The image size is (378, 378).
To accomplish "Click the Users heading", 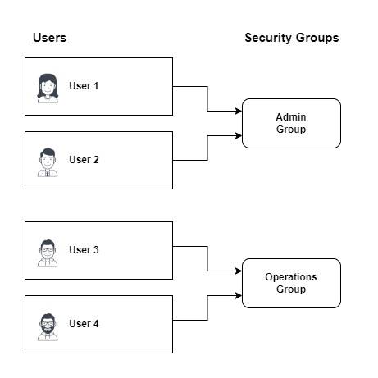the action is pyautogui.click(x=49, y=38).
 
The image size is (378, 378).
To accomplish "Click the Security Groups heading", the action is pyautogui.click(x=292, y=38).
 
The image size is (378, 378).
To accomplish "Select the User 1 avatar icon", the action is pyautogui.click(x=48, y=89).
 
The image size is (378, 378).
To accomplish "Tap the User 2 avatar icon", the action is pyautogui.click(x=48, y=162).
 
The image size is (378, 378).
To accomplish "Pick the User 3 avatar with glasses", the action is pyautogui.click(x=48, y=253).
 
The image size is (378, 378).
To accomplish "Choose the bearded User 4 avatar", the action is pyautogui.click(x=48, y=327).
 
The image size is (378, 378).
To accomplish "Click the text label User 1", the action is pyautogui.click(x=84, y=86).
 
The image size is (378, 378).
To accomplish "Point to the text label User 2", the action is pyautogui.click(x=84, y=160).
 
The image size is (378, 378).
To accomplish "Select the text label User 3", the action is pyautogui.click(x=84, y=250).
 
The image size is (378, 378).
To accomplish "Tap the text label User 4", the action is pyautogui.click(x=84, y=324).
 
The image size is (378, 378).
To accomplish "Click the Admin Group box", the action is pyautogui.click(x=291, y=123).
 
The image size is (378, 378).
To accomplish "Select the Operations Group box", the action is pyautogui.click(x=291, y=283).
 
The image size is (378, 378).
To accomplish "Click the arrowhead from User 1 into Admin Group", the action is pyautogui.click(x=239, y=111).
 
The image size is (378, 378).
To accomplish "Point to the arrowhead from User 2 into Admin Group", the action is pyautogui.click(x=239, y=135).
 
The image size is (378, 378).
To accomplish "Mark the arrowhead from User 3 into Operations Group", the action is pyautogui.click(x=239, y=271).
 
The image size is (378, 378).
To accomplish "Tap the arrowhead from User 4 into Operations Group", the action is pyautogui.click(x=239, y=295).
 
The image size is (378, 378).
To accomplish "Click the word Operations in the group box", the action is pyautogui.click(x=291, y=277).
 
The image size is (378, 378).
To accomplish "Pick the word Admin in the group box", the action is pyautogui.click(x=291, y=117).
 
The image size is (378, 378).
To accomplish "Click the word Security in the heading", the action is pyautogui.click(x=268, y=38).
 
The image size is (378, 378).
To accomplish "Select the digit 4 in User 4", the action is pyautogui.click(x=96, y=324).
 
